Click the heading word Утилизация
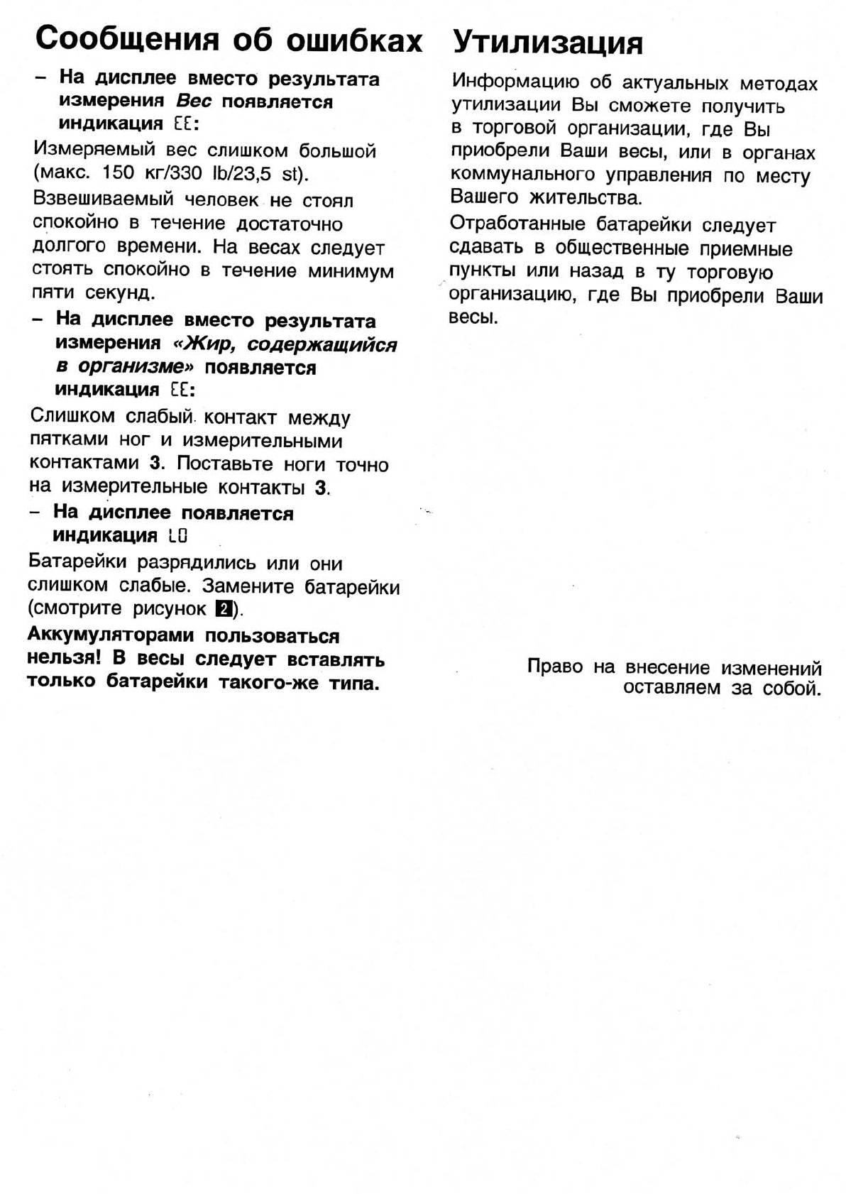click(547, 43)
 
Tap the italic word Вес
click(194, 102)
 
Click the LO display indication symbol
click(178, 536)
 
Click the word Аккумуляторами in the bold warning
click(111, 636)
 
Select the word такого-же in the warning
click(267, 683)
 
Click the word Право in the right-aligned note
click(554, 667)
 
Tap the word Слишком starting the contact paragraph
click(72, 417)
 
